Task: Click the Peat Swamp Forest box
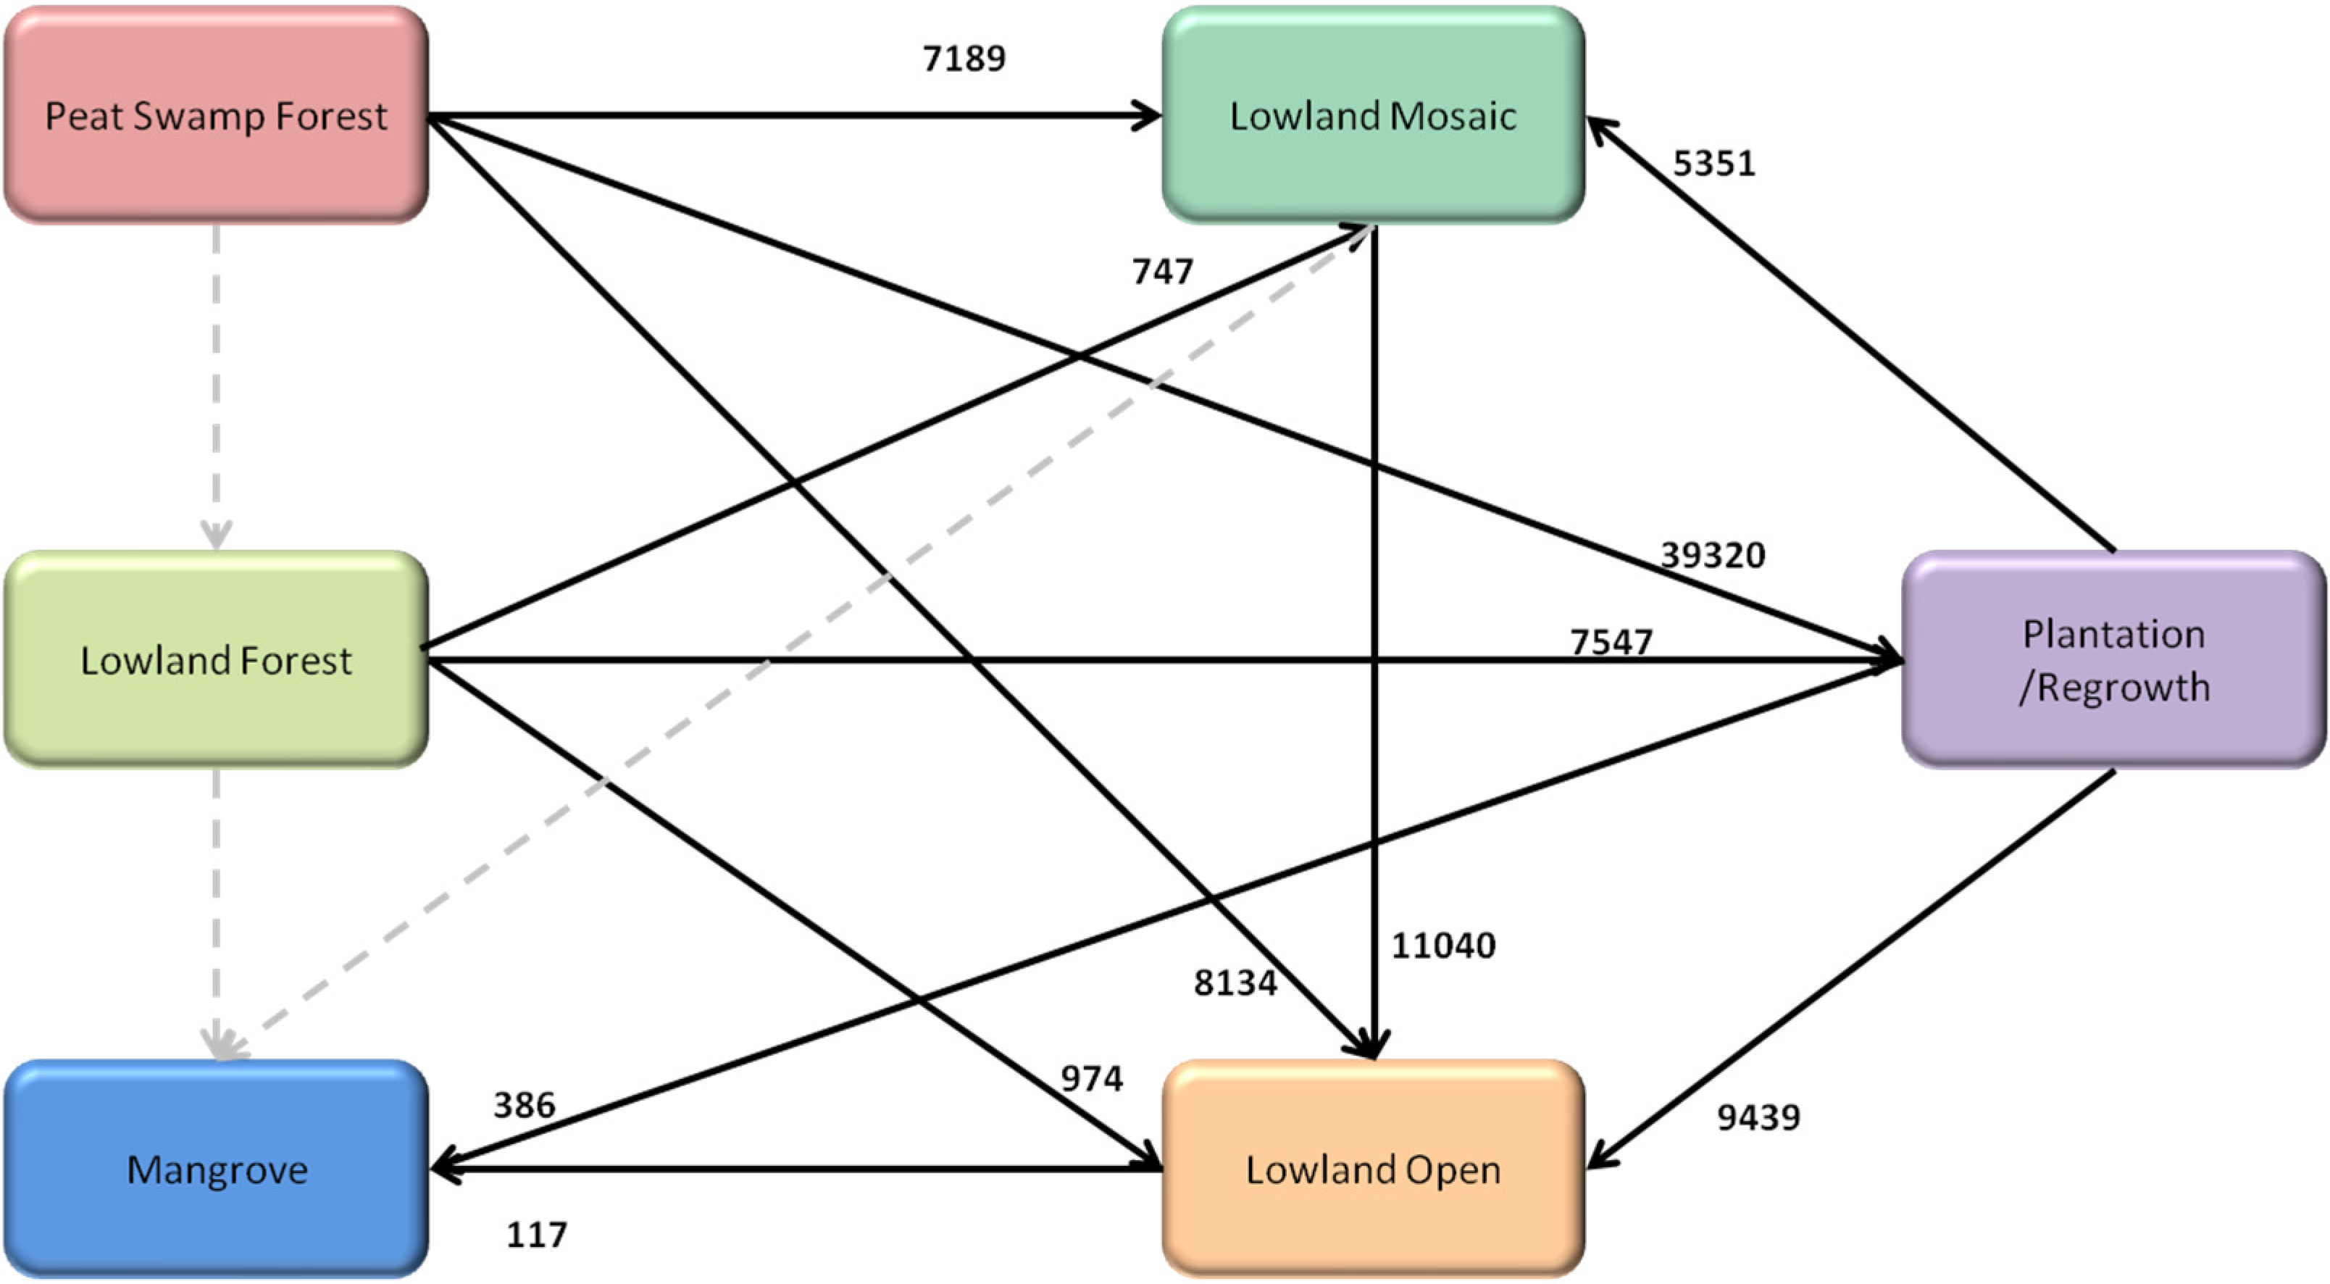coord(215,116)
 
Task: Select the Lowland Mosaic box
coord(1373,116)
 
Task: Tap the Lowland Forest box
coord(215,661)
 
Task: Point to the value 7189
coord(964,59)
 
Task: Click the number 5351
coord(1714,164)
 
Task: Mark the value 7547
coord(1611,641)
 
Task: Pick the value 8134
coord(1235,983)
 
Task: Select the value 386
coord(525,1105)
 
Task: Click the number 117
coord(536,1234)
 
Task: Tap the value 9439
coord(1758,1117)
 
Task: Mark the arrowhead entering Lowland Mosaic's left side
coord(1150,116)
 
